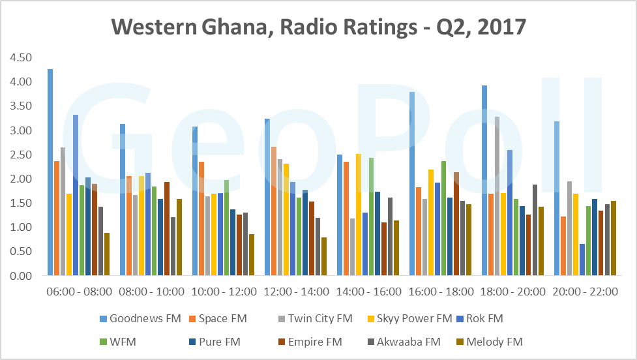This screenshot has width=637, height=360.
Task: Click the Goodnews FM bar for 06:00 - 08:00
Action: pos(50,173)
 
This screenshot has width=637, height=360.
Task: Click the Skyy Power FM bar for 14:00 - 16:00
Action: pos(358,215)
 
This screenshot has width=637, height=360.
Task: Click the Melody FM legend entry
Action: pos(490,341)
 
